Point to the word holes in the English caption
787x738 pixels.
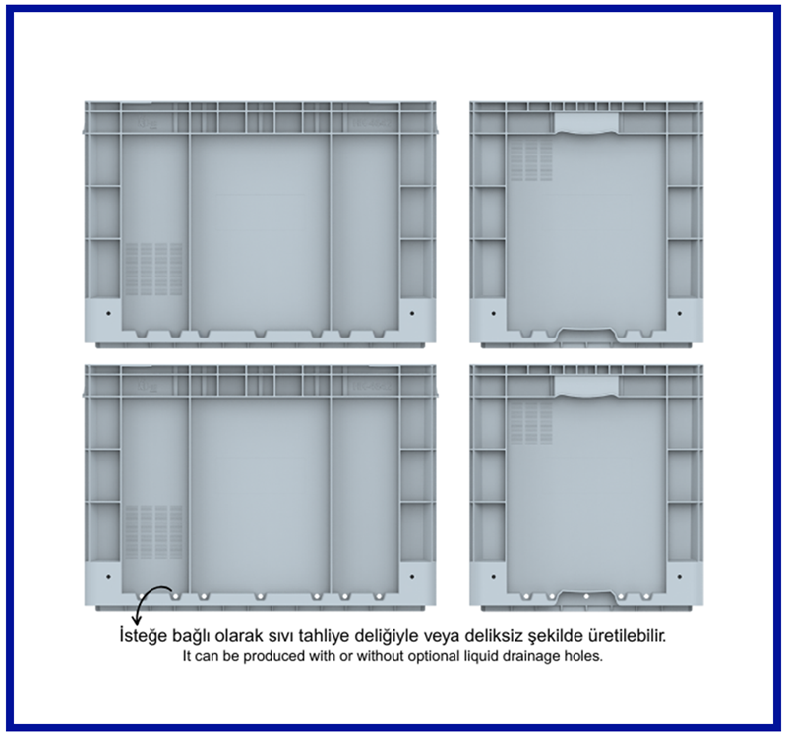(x=586, y=656)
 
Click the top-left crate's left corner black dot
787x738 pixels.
(x=109, y=313)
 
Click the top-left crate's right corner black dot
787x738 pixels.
(x=412, y=313)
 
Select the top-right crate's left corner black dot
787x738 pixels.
(x=494, y=313)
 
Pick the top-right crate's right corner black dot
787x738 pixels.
(x=680, y=313)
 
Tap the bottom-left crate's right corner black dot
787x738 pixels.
(x=412, y=577)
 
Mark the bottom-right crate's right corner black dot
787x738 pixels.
(x=680, y=577)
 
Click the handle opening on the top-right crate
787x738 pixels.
(x=586, y=124)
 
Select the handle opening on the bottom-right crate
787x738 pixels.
(x=586, y=387)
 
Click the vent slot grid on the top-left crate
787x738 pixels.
(x=153, y=269)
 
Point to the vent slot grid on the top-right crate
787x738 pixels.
(x=531, y=160)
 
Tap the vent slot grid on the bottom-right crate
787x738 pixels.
(x=531, y=424)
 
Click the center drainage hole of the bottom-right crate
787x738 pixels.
(x=586, y=597)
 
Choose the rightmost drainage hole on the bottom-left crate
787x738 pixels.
(x=379, y=597)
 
